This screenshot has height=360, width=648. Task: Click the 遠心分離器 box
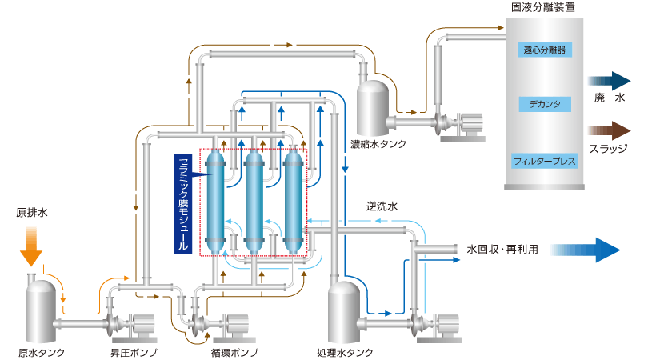[545, 49]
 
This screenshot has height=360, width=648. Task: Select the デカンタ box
[545, 105]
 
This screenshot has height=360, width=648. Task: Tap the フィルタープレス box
[545, 161]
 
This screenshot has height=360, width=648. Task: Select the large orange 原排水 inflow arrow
[30, 244]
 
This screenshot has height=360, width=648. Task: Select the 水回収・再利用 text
[502, 249]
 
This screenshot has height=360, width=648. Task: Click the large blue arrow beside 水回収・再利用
[585, 249]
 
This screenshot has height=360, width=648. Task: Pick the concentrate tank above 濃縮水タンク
[373, 104]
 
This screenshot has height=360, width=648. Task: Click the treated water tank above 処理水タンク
[345, 312]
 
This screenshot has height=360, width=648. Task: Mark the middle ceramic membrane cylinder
[254, 200]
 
